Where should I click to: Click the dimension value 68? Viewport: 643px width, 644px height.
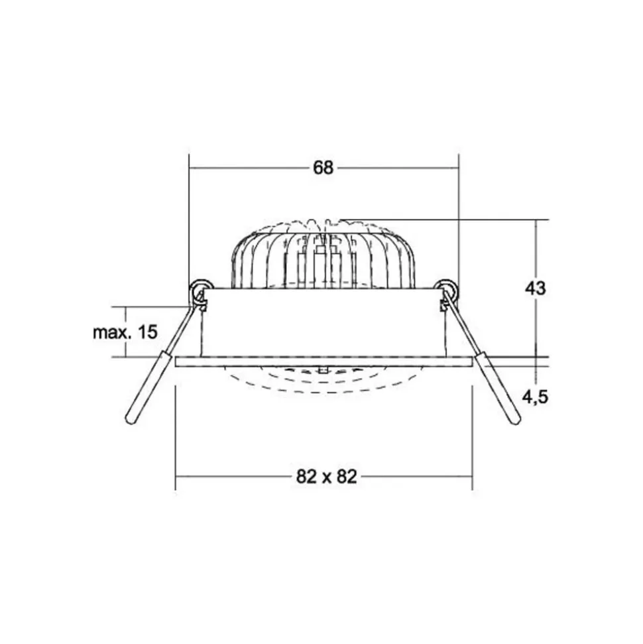point(323,168)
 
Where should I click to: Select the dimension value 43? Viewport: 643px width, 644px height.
point(535,289)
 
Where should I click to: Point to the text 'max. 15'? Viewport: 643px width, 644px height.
point(125,332)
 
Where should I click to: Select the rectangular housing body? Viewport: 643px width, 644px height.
point(323,323)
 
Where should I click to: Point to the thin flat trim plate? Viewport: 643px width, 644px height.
point(323,361)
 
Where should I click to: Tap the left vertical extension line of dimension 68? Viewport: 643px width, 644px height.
point(190,219)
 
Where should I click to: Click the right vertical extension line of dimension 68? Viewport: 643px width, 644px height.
point(459,219)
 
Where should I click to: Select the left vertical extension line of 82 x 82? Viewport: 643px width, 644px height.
point(176,438)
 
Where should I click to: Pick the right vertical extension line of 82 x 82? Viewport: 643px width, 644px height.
point(472,438)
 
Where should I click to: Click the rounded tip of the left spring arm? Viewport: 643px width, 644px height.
point(131,418)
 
